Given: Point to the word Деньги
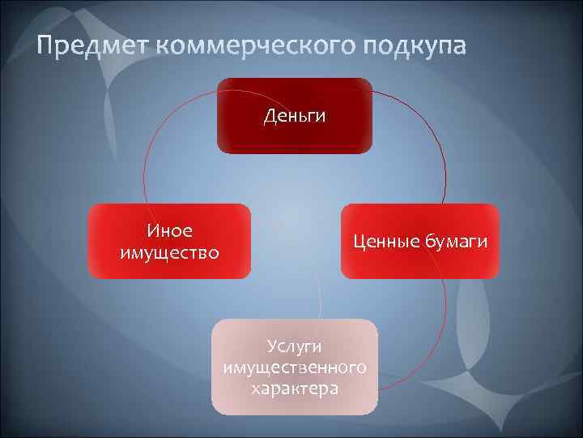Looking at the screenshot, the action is (295, 116).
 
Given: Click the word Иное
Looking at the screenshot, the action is (169, 231).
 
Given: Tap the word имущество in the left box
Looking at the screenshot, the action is (169, 252).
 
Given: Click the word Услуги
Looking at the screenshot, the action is (295, 347).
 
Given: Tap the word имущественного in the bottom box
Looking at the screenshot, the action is (295, 368).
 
